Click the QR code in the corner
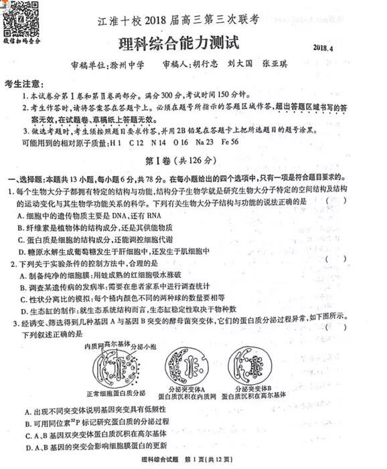click(21, 18)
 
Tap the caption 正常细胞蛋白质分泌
click(116, 393)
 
